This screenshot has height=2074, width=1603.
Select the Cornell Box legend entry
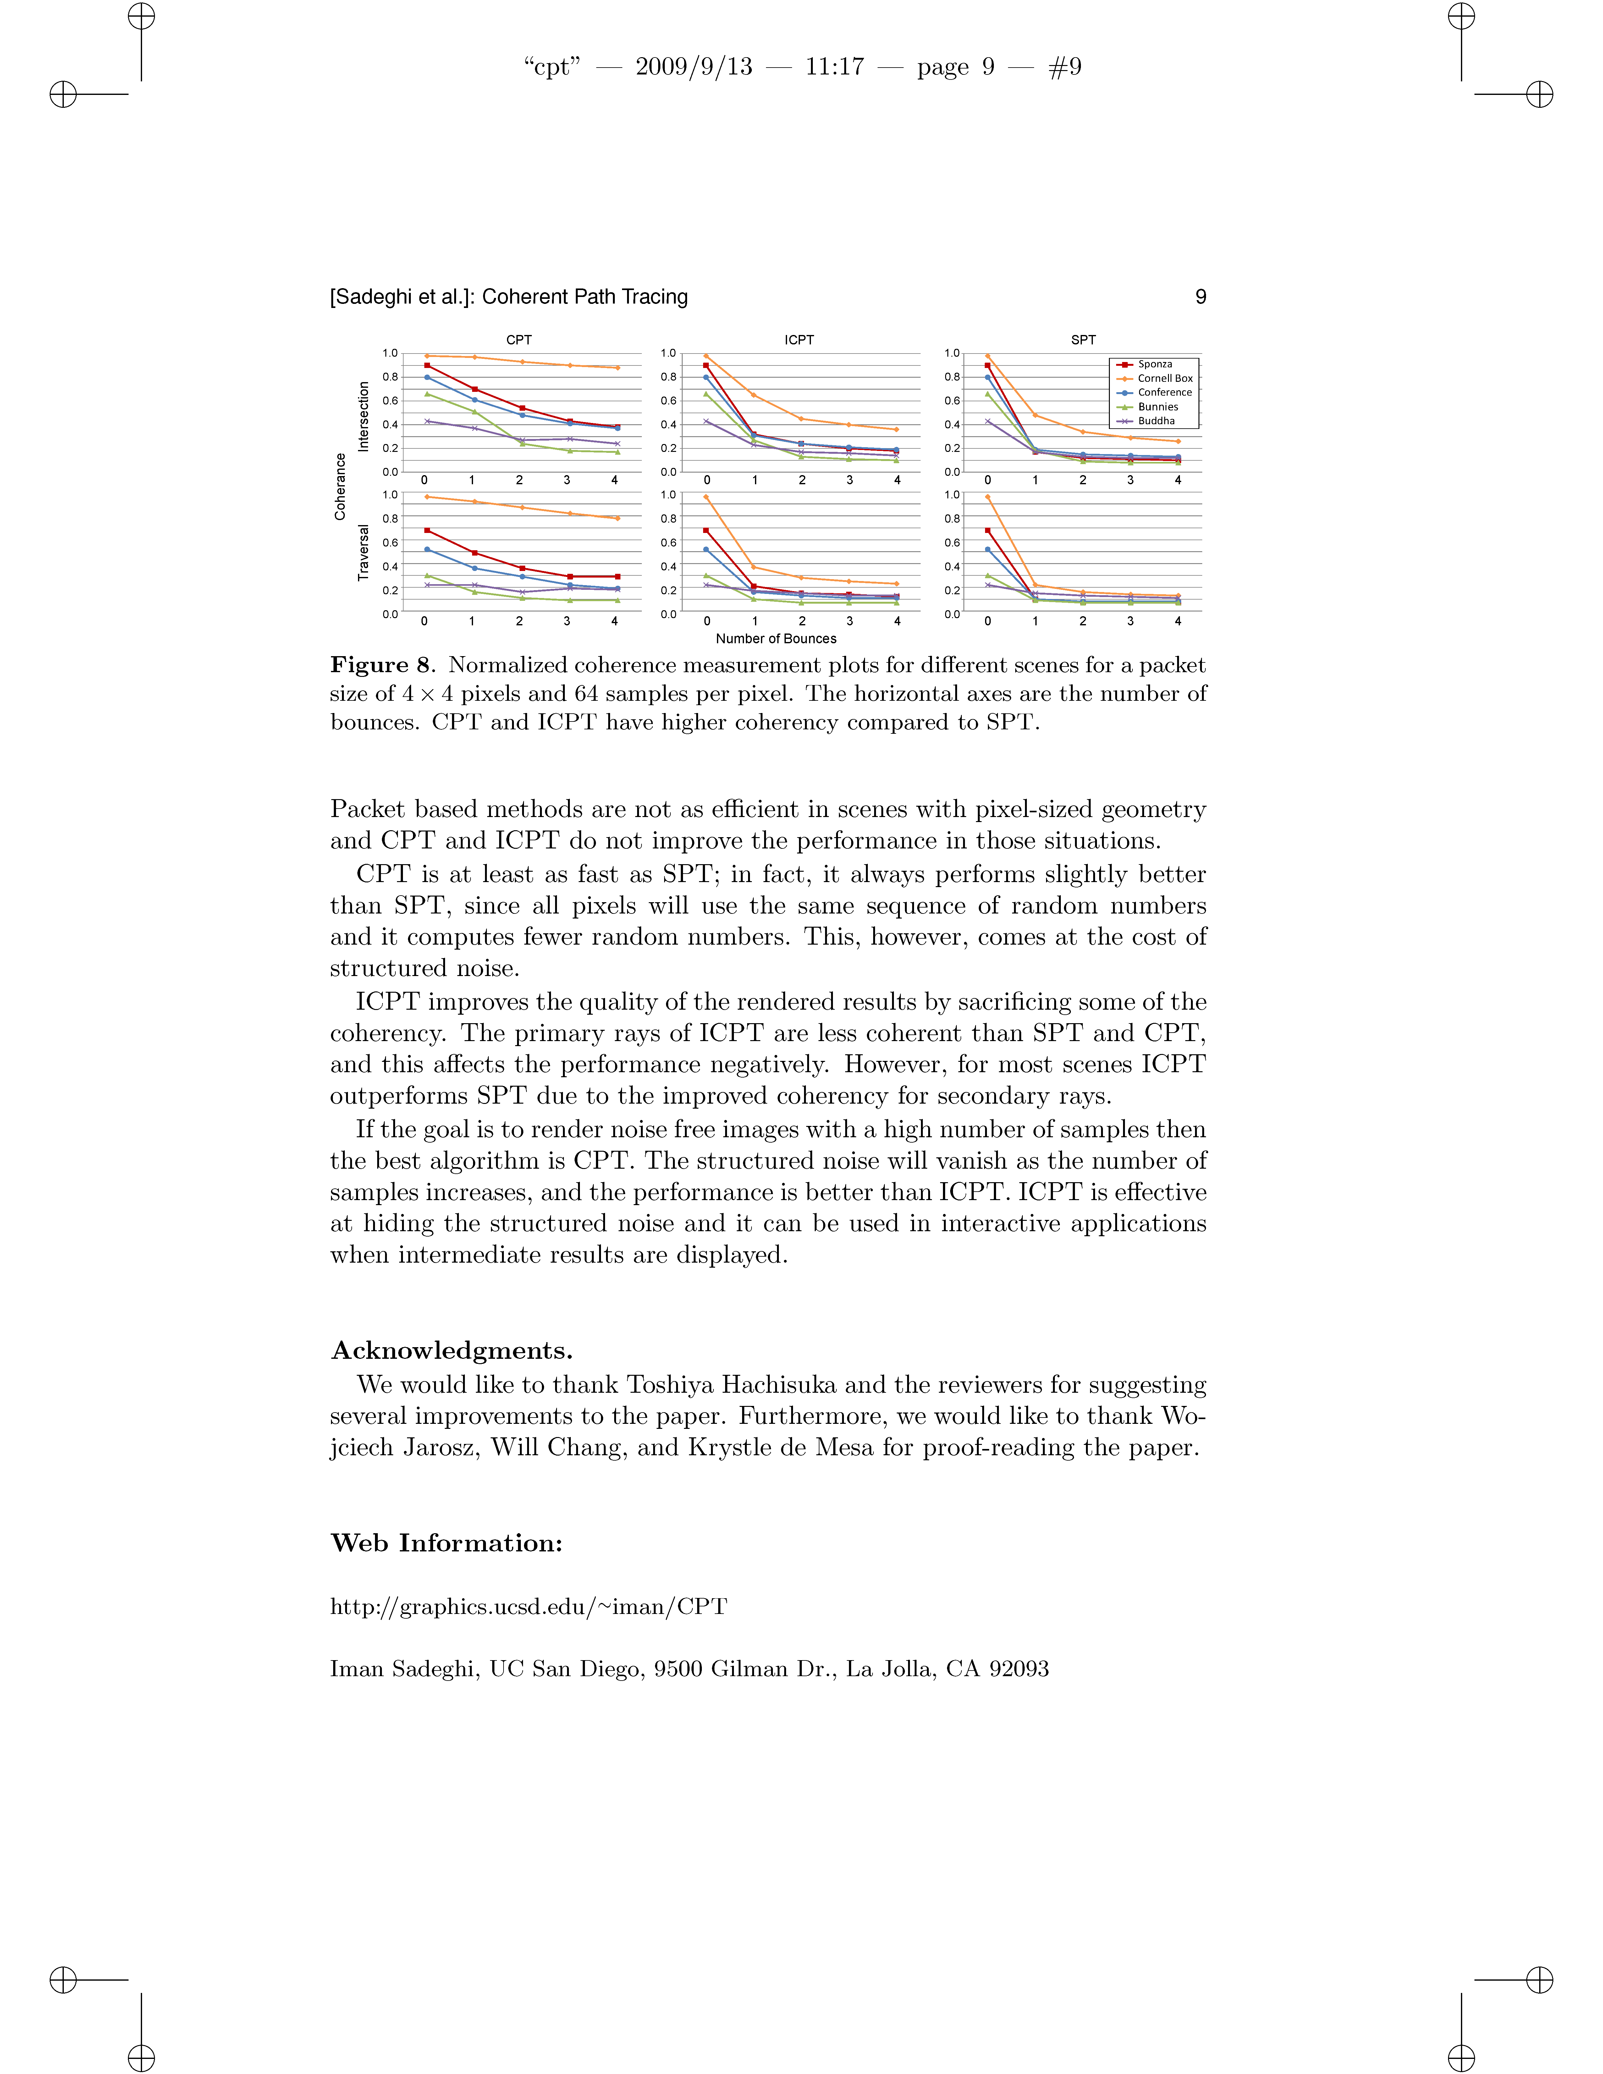1164,378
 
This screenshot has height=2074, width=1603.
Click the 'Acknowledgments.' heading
451,1350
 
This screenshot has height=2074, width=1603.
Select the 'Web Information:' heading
446,1543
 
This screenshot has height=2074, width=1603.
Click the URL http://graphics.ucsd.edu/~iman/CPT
528,1607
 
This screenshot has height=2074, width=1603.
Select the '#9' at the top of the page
1065,67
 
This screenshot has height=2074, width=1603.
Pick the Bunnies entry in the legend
1158,406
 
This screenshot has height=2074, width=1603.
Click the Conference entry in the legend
1164,392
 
